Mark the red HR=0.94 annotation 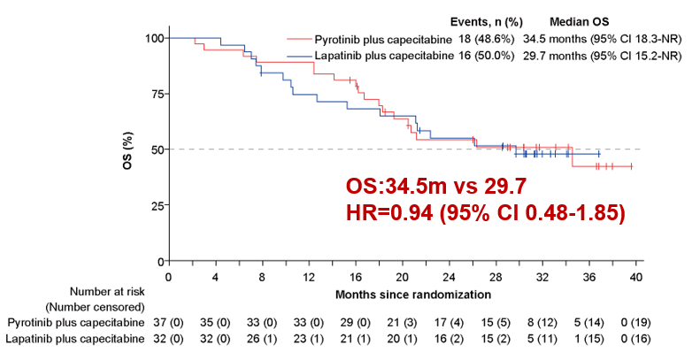coord(485,213)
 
